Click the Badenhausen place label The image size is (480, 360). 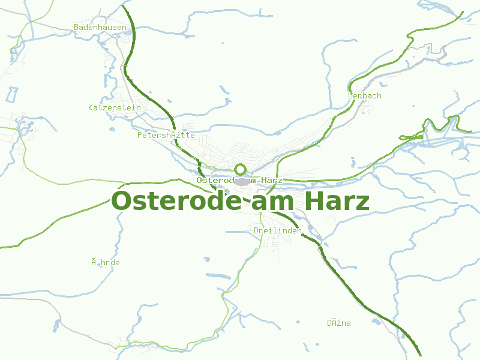coord(100,27)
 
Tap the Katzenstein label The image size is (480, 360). coord(114,107)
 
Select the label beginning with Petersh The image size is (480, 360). coord(166,135)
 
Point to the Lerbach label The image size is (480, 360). coord(364,95)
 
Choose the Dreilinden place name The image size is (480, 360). coord(277,230)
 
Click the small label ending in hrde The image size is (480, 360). coord(106,262)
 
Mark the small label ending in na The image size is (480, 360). coord(339,323)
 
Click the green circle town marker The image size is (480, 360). coord(241,169)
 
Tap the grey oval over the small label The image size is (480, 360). coord(242,181)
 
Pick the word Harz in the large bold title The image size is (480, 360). coord(337,201)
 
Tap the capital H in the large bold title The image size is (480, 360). coord(314,201)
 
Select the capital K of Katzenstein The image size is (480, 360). coord(91,107)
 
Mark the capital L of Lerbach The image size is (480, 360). coord(350,95)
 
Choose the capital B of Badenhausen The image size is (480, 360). coord(76,27)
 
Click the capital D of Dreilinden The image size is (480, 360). coord(256,230)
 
